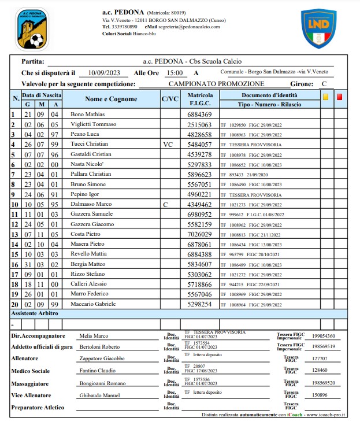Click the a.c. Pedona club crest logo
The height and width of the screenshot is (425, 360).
(32, 29)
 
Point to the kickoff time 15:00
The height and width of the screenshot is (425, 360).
(174, 73)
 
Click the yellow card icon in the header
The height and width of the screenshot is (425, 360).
(326, 97)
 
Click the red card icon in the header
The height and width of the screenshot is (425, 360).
(339, 97)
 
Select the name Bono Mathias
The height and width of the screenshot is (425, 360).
(87, 114)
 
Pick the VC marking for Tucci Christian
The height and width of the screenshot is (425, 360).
(168, 145)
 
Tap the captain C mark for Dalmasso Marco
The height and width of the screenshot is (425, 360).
(165, 205)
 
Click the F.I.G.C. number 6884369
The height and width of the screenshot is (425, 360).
(200, 114)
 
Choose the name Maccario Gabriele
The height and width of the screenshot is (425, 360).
(93, 304)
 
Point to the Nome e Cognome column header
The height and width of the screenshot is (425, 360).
(111, 99)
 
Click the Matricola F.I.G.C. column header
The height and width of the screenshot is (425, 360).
(200, 99)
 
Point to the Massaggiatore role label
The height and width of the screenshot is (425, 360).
(34, 383)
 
